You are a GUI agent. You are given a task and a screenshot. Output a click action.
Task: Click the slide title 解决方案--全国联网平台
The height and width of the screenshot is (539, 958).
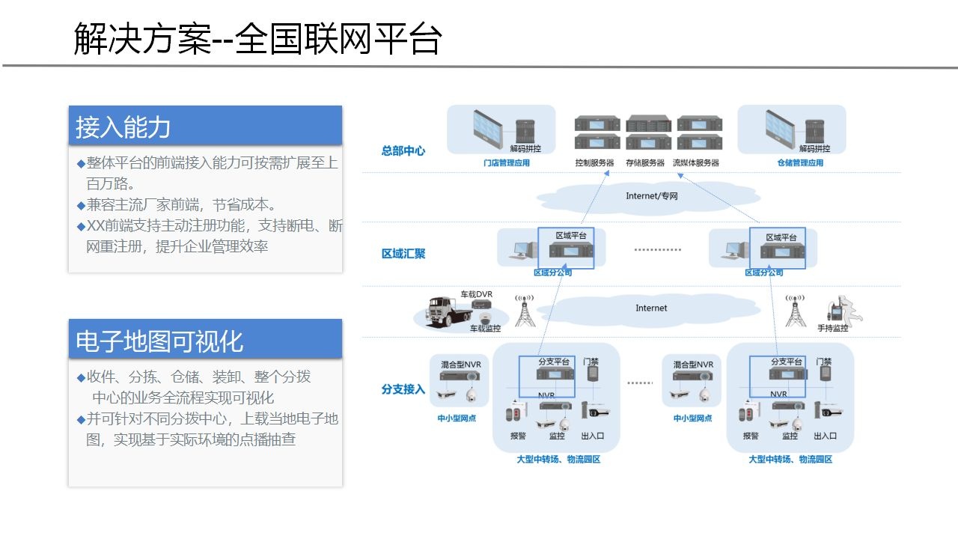[258, 39]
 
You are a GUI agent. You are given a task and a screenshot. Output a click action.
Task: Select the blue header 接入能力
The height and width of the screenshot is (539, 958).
[123, 127]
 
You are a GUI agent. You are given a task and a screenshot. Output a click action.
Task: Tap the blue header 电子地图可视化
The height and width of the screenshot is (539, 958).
[159, 341]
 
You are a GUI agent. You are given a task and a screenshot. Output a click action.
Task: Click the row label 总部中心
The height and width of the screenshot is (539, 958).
[403, 150]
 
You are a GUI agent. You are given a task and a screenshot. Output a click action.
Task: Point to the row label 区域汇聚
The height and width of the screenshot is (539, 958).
[403, 254]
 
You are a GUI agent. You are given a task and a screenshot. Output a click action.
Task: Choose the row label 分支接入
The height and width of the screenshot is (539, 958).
[403, 389]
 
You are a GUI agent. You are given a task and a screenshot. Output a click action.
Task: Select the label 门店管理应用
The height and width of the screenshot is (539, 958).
[506, 162]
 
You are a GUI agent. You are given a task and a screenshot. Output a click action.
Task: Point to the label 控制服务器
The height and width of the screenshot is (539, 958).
[594, 162]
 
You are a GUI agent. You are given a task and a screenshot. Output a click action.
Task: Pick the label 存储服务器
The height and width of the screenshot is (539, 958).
[644, 162]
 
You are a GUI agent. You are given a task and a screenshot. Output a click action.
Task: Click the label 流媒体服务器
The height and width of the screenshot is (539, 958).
[695, 162]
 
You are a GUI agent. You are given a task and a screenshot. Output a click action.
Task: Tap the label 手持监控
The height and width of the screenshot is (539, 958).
[832, 328]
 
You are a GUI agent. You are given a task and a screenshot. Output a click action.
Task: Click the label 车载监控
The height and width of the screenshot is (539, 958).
[485, 328]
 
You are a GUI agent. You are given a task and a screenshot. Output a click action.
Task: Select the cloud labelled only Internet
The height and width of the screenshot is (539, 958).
[650, 308]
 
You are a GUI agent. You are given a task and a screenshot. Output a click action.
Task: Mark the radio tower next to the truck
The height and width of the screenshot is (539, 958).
[525, 310]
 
